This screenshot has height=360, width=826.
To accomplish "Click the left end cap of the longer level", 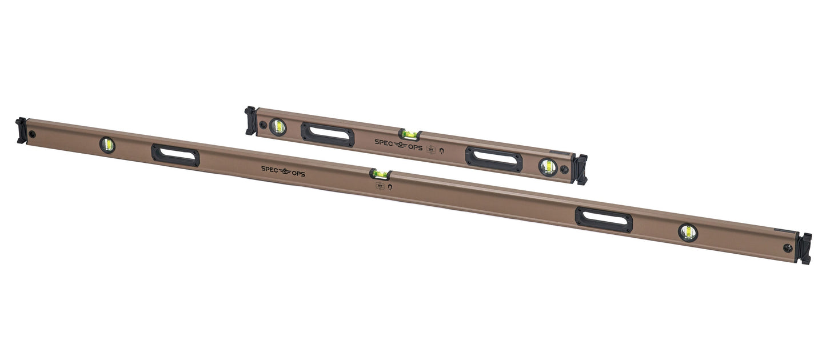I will tap(21, 130).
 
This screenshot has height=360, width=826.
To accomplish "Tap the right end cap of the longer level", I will tap(805, 249).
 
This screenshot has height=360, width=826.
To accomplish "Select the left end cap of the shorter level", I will tap(250, 121).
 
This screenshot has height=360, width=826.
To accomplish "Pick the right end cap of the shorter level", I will tap(581, 170).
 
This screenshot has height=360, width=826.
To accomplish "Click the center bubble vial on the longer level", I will tap(380, 174).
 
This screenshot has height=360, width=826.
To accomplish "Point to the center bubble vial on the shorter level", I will tap(409, 135).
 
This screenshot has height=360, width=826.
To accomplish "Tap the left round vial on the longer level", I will tap(107, 145).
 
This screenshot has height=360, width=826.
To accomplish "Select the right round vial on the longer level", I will tap(688, 232).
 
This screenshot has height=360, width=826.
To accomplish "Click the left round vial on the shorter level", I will tap(278, 127).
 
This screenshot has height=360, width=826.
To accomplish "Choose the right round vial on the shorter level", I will tap(547, 166).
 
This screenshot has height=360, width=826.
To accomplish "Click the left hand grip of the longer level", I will tap(175, 155).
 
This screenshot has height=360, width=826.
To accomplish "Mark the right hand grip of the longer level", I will tap(604, 220).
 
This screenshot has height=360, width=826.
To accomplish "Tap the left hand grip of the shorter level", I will tap(328, 134).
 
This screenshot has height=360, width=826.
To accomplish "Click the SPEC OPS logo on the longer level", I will tap(283, 171).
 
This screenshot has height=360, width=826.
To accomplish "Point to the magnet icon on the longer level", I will tap(390, 187).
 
